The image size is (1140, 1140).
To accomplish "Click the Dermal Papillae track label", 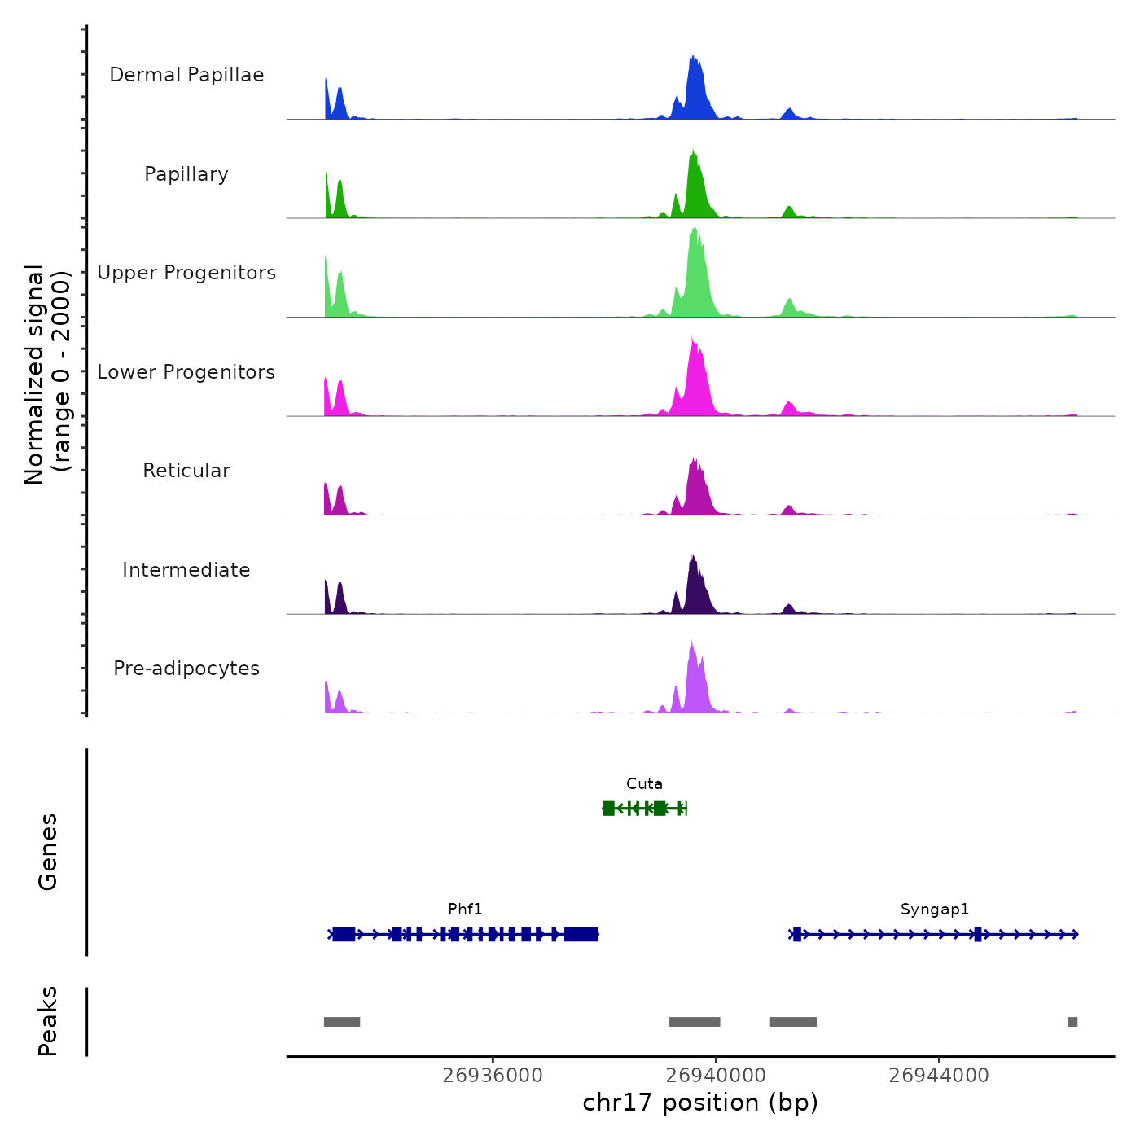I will (186, 75).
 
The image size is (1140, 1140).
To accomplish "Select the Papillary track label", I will (186, 174).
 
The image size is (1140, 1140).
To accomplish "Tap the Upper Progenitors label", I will (186, 273).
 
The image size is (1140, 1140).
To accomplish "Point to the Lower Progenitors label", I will (186, 372).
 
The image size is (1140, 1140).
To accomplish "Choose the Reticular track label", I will (186, 471).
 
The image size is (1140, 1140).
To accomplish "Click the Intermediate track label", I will (186, 570).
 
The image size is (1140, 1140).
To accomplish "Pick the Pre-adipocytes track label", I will (186, 669).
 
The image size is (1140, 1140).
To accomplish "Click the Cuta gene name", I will (644, 784).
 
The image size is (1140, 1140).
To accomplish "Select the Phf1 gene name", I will (465, 910).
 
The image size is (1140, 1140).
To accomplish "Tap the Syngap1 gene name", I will (935, 910).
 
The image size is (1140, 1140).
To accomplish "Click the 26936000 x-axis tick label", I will (493, 1076).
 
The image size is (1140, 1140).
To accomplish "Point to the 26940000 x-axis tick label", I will (716, 1076).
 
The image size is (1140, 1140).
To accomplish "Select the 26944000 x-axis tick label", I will (939, 1076).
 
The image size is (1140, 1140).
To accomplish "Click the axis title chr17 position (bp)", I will (700, 1103).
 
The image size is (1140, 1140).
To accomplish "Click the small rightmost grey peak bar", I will (1072, 1022).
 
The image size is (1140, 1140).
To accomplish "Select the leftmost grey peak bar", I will (342, 1022).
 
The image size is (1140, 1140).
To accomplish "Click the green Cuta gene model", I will (645, 808).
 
